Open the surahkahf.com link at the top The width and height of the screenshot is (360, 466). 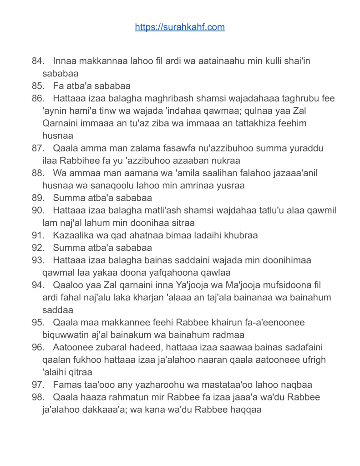click(x=180, y=27)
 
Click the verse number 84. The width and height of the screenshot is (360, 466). click(x=37, y=61)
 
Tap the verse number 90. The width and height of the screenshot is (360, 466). click(x=37, y=211)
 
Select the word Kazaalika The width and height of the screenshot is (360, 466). click(x=72, y=236)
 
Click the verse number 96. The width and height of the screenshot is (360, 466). click(x=37, y=348)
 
